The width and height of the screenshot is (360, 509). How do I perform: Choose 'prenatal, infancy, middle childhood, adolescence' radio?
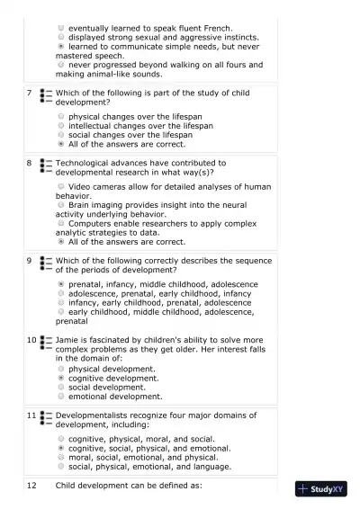coord(61,284)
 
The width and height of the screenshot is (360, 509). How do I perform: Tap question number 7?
coord(30,93)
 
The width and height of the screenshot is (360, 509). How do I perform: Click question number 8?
coord(30,163)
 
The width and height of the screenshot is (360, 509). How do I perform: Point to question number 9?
coord(30,261)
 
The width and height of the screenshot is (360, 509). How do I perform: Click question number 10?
coord(31,340)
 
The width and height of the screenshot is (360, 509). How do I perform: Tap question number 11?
coord(31,415)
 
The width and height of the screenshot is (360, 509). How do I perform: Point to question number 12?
coord(31,486)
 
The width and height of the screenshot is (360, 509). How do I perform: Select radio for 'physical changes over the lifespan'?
coord(61,116)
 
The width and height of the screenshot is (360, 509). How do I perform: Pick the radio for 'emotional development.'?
coord(61,396)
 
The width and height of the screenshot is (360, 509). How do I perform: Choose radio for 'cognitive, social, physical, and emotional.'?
coord(61,448)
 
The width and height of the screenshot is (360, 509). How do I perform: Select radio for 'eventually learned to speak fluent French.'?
coord(61,28)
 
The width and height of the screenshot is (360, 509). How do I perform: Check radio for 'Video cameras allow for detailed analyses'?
coord(61,186)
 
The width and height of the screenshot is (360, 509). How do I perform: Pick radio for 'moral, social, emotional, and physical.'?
coord(61,457)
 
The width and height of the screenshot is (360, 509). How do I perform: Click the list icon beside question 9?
coord(45,263)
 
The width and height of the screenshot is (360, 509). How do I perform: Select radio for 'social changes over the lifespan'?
coord(61,134)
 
